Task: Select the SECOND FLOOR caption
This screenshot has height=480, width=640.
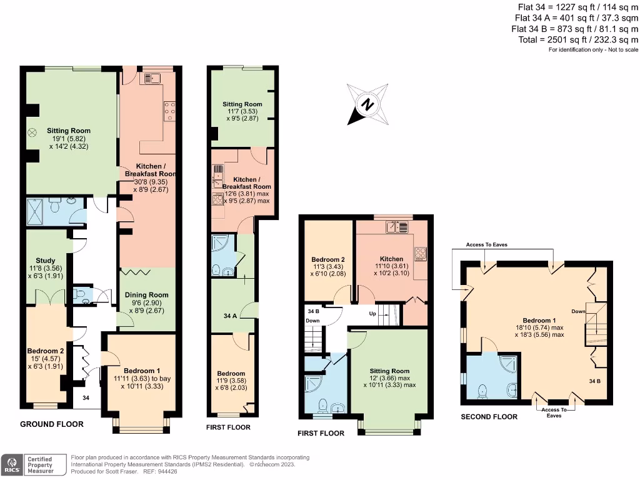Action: click(x=489, y=417)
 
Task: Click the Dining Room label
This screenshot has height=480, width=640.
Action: click(x=147, y=295)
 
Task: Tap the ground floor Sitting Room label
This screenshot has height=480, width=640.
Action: click(x=69, y=131)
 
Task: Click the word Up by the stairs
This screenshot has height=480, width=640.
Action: click(x=372, y=313)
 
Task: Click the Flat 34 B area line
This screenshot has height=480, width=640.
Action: click(x=574, y=29)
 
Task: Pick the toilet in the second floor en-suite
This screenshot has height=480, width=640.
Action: click(x=481, y=391)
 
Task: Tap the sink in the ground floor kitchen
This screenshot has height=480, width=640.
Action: click(x=153, y=78)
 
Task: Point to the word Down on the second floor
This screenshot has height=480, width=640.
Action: click(x=579, y=311)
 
